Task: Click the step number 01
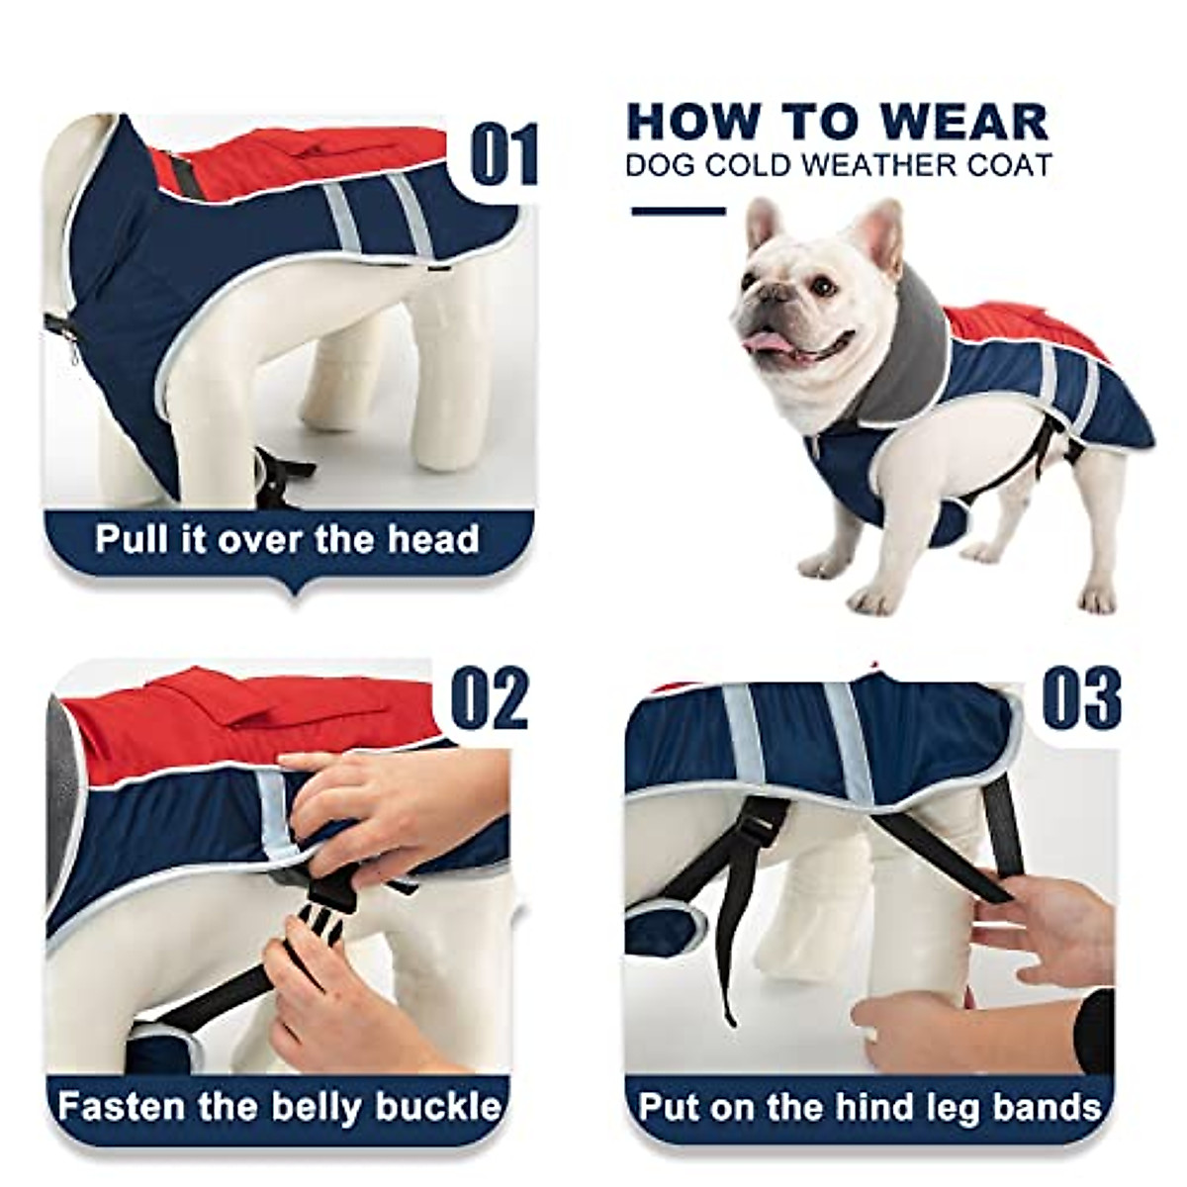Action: tap(503, 155)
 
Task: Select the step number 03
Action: tap(1082, 697)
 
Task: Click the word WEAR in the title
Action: tap(964, 122)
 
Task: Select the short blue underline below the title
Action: tap(679, 211)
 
